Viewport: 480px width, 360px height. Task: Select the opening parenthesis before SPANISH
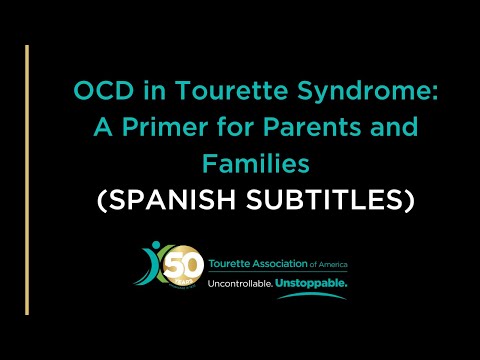101,200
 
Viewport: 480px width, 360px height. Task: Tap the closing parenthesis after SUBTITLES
409,200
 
